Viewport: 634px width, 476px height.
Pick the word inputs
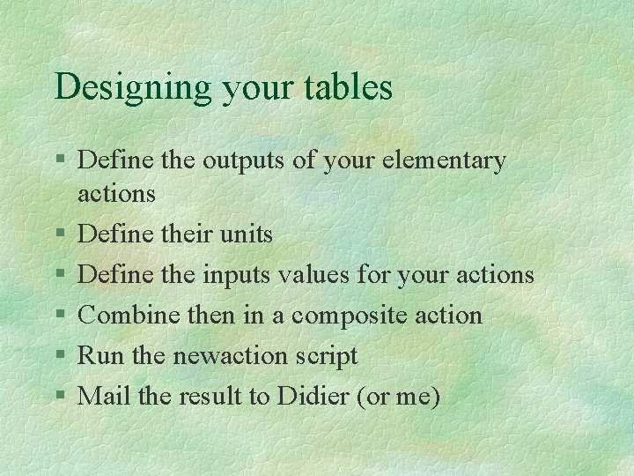pos(238,276)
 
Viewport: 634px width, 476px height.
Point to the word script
pos(326,357)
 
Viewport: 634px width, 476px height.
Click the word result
pos(210,397)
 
